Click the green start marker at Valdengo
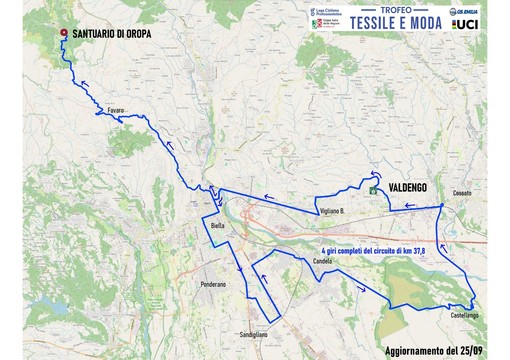click(374, 188)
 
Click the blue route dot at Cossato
click(442, 205)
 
